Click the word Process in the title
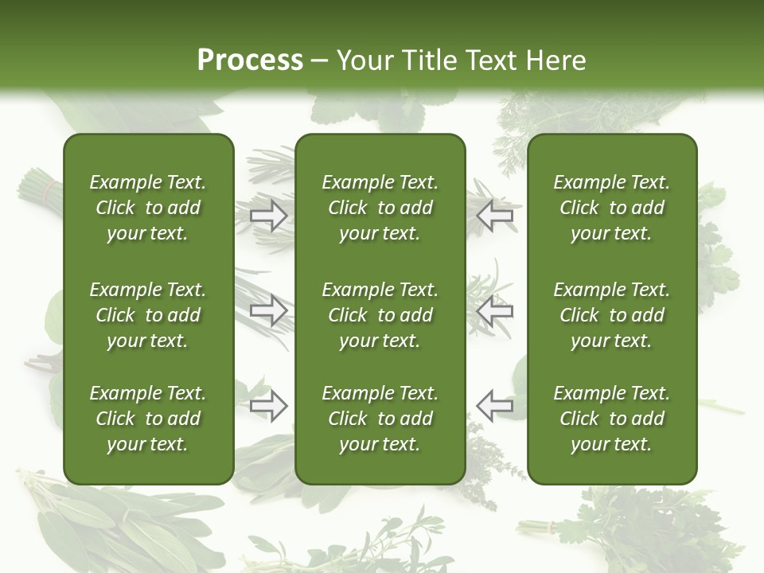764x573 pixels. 250,60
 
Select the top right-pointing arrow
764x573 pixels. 269,215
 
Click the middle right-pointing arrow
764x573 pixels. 269,311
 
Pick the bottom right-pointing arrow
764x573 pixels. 269,406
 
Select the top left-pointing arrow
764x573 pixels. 495,215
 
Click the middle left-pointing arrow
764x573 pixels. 495,311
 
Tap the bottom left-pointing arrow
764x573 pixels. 495,406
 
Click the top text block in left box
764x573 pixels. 148,208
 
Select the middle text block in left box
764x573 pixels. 148,315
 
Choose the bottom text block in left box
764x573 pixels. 148,419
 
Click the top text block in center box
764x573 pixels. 380,208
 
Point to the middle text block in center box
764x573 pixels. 380,315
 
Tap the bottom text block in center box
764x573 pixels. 380,419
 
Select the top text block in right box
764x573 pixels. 612,208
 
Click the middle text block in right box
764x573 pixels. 612,315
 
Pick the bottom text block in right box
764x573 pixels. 612,419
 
